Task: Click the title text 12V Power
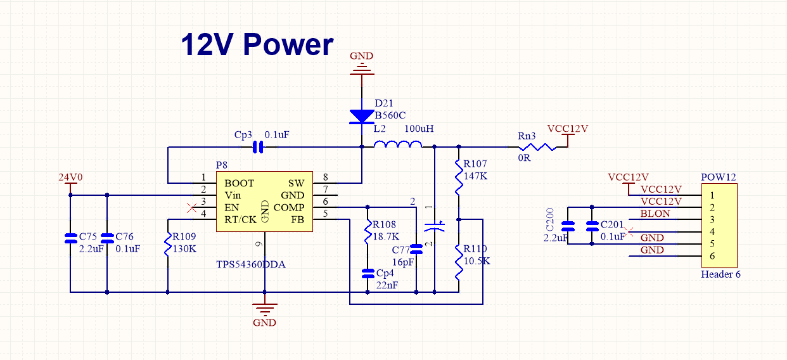point(257,45)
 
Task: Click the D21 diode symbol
point(362,116)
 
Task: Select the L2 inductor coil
point(398,146)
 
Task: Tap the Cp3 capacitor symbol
point(258,148)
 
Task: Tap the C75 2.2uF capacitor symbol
point(70,239)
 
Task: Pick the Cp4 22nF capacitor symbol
point(368,273)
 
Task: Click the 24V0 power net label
point(70,177)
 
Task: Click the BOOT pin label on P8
point(239,183)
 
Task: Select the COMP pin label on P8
point(289,207)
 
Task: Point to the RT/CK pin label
point(241,219)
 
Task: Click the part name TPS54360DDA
point(251,264)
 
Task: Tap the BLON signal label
point(655,214)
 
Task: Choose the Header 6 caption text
point(720,274)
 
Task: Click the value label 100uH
point(419,129)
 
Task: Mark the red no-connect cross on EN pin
point(192,207)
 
